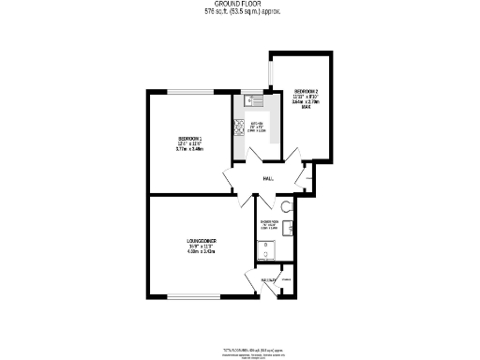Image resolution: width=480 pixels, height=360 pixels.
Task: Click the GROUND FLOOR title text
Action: [x=240, y=6]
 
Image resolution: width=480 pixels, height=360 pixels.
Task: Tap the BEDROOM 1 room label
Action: [x=190, y=140]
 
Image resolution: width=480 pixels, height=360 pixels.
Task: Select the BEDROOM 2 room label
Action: [x=307, y=91]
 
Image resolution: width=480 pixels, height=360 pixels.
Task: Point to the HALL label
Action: [x=268, y=178]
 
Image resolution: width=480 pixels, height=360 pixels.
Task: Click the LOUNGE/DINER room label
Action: [x=202, y=241]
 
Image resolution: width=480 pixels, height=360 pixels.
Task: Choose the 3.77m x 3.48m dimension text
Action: [x=190, y=150]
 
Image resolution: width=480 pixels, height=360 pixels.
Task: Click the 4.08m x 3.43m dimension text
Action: [x=202, y=251]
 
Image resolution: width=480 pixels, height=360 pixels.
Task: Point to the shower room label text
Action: [x=268, y=222]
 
